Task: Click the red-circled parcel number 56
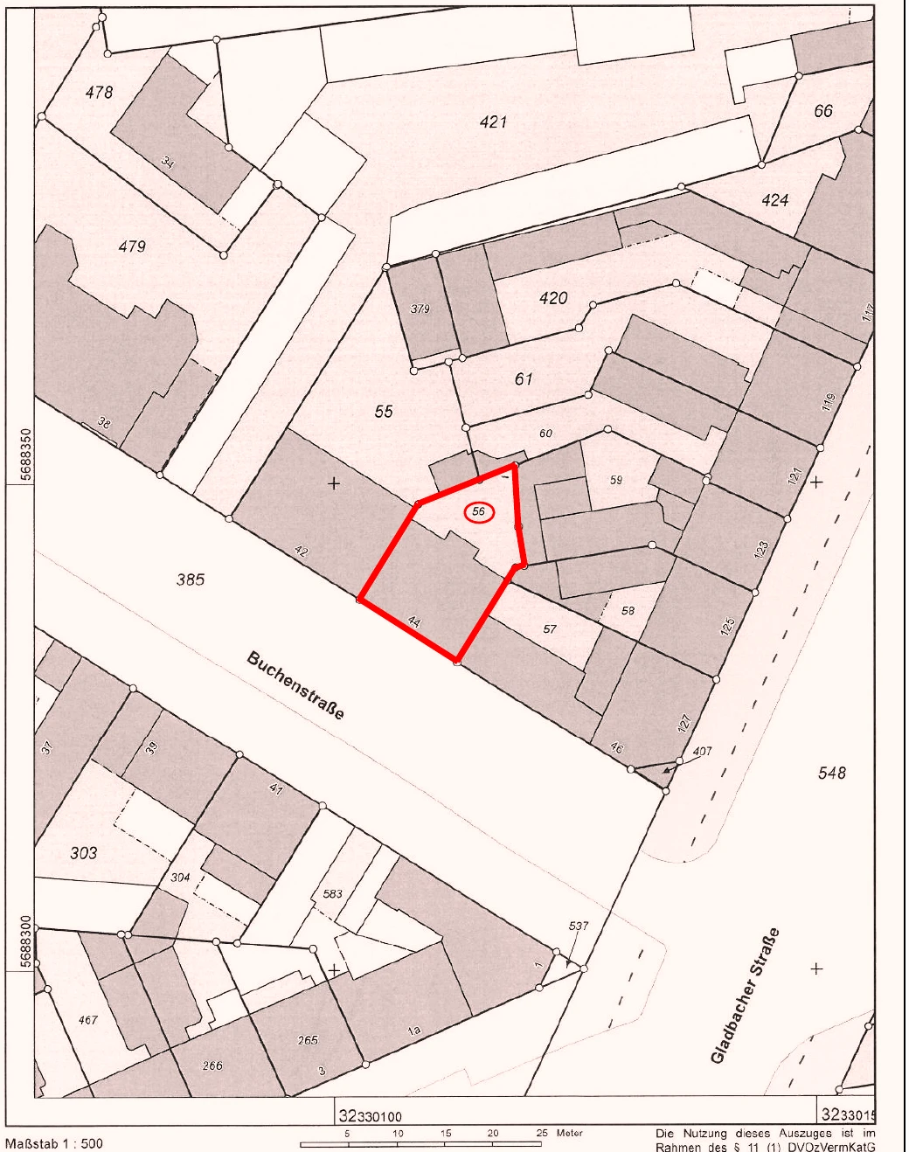tap(478, 512)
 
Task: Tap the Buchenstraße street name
tap(295, 685)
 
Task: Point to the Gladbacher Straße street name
tap(745, 996)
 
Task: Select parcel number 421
tap(493, 122)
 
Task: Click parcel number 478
tap(99, 92)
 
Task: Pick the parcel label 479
tap(132, 246)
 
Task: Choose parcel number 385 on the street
tap(191, 579)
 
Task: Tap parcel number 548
tap(831, 773)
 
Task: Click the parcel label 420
tap(553, 298)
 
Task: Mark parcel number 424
tap(774, 200)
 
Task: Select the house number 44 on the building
tap(414, 622)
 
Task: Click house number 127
tap(684, 723)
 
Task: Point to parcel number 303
tap(84, 852)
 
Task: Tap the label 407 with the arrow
tap(702, 752)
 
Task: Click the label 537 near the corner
tap(579, 926)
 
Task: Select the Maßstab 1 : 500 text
tap(54, 1143)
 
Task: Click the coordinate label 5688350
tap(24, 455)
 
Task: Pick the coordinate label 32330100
tap(370, 1116)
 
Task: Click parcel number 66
tap(822, 111)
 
